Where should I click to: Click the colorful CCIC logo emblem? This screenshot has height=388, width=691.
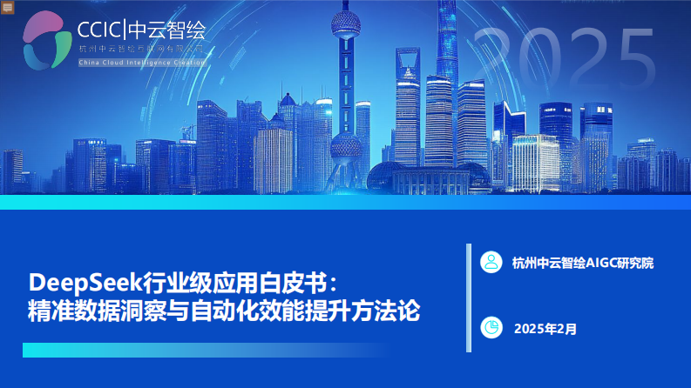click(x=47, y=39)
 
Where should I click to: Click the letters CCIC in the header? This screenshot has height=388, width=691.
click(x=100, y=30)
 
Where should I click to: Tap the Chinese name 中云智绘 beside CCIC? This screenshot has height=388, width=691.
click(x=166, y=30)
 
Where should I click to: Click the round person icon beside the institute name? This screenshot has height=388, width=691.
click(x=492, y=261)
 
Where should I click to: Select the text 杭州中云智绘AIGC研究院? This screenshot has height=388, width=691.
click(x=583, y=262)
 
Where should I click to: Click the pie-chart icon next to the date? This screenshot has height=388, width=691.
click(x=492, y=328)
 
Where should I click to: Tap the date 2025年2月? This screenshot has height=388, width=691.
click(x=545, y=329)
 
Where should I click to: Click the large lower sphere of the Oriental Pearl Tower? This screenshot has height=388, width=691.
click(x=346, y=144)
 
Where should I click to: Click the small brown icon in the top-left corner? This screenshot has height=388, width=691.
click(x=7, y=6)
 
